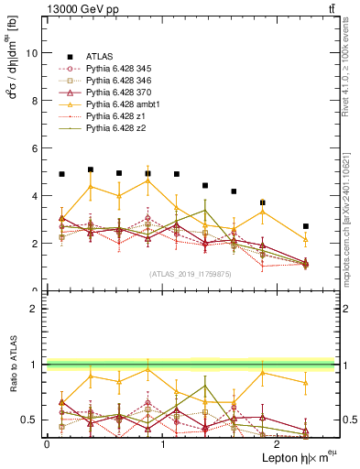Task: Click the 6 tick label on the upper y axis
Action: tap(35, 148)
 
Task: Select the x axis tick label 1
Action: tap(162, 444)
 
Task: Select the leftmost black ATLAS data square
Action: tap(61, 174)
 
